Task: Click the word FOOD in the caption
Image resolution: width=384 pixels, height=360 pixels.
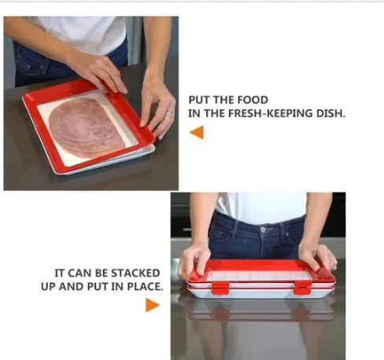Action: pos(253,100)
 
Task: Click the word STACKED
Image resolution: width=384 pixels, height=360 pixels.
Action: pos(135,273)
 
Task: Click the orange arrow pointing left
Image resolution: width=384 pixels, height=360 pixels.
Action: pos(196,132)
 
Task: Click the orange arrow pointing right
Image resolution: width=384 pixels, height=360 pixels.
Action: pos(153,305)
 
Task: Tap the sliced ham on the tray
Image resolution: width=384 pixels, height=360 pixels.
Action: pos(87,127)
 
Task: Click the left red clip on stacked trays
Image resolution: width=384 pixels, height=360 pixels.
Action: pos(220,288)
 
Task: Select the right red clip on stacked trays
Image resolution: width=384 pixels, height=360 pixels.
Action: pos(302,288)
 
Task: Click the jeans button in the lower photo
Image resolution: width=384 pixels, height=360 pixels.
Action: pos(263,230)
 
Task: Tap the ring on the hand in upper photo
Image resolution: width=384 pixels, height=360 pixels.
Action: pos(170,112)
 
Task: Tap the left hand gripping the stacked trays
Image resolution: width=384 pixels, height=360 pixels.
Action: pos(194,260)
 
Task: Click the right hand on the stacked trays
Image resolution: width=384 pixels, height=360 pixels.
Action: pos(318,256)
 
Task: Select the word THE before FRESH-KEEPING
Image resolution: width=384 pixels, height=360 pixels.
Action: pos(215,113)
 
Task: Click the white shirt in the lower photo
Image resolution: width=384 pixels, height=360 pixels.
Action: pos(262,207)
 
